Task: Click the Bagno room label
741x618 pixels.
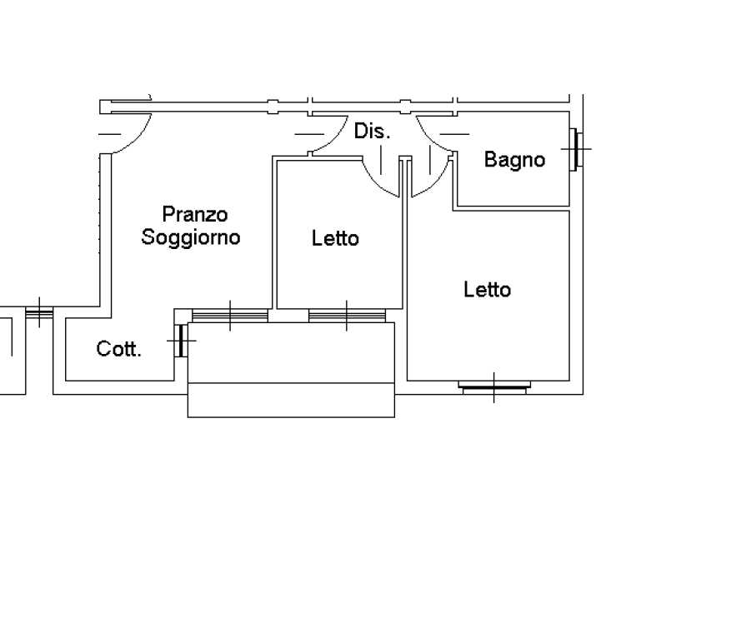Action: pos(514,160)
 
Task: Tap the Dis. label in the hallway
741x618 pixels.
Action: pos(373,132)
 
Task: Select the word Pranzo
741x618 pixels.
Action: pos(195,214)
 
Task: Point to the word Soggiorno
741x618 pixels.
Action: pos(191,237)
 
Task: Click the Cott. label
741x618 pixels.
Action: pos(118,349)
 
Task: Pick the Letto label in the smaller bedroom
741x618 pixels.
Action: pos(335,238)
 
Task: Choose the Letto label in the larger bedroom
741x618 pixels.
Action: pos(488,289)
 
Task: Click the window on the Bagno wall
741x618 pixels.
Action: pos(576,149)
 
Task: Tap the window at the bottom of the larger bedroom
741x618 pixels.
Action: pos(494,387)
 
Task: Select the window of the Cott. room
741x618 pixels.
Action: pos(181,341)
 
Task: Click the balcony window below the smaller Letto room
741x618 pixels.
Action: pos(347,315)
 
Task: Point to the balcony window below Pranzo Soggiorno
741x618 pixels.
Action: pos(230,315)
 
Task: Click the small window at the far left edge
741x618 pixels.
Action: pos(39,312)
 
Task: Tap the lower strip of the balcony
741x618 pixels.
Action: pos(291,400)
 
